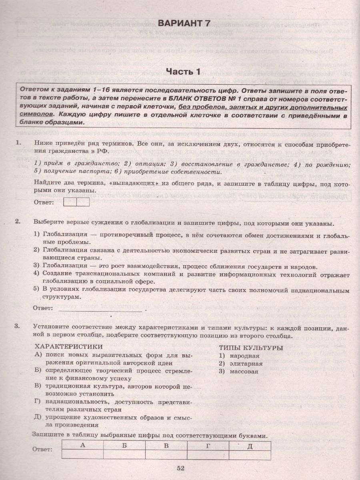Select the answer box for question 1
pos(76,202)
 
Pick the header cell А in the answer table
pos(82,446)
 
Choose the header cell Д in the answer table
pos(250,446)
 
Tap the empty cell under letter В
pos(166,454)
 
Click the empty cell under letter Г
pos(208,454)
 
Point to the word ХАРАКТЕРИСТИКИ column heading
pos(68,346)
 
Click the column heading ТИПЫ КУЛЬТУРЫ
pos(250,348)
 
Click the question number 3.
pos(17,326)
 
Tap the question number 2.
pos(17,222)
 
